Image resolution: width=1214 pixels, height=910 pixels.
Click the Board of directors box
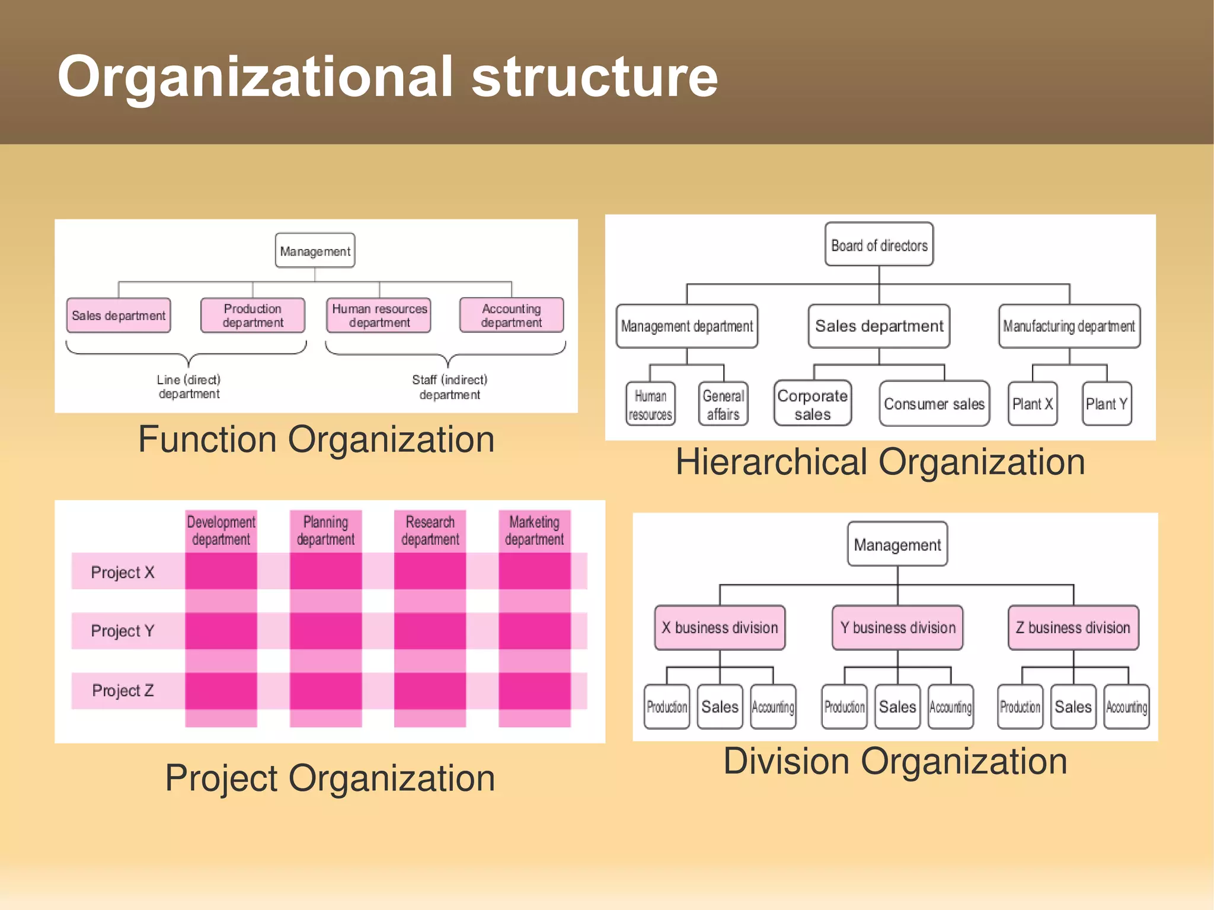pos(879,245)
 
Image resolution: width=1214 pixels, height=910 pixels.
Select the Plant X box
pos(1032,404)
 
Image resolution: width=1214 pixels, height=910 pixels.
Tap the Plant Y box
pos(1106,404)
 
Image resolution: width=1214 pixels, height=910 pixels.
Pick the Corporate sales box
pos(812,404)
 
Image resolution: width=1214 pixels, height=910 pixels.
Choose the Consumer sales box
pos(934,404)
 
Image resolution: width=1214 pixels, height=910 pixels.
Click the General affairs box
pos(723,404)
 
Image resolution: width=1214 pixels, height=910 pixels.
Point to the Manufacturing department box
pos(1069,326)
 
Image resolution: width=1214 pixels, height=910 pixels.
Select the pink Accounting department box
pos(511,315)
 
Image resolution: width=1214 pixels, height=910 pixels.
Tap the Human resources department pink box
pos(379,315)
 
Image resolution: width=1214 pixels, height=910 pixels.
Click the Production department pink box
pos(253,315)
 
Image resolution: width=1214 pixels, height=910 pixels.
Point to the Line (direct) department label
pos(189,387)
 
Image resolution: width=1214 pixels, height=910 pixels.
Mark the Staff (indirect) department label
pos(449,387)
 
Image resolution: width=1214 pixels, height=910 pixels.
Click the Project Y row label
pos(123,631)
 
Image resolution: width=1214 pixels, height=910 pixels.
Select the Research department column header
pos(430,531)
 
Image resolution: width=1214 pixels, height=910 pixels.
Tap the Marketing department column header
pos(534,531)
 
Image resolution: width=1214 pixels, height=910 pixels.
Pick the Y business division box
pos(897,628)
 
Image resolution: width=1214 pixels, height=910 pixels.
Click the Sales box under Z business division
pos(1073,707)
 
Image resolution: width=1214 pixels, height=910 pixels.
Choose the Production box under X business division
pos(667,707)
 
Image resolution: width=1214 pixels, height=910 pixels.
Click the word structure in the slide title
pos(595,77)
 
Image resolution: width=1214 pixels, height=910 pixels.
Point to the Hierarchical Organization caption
pos(880,462)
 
